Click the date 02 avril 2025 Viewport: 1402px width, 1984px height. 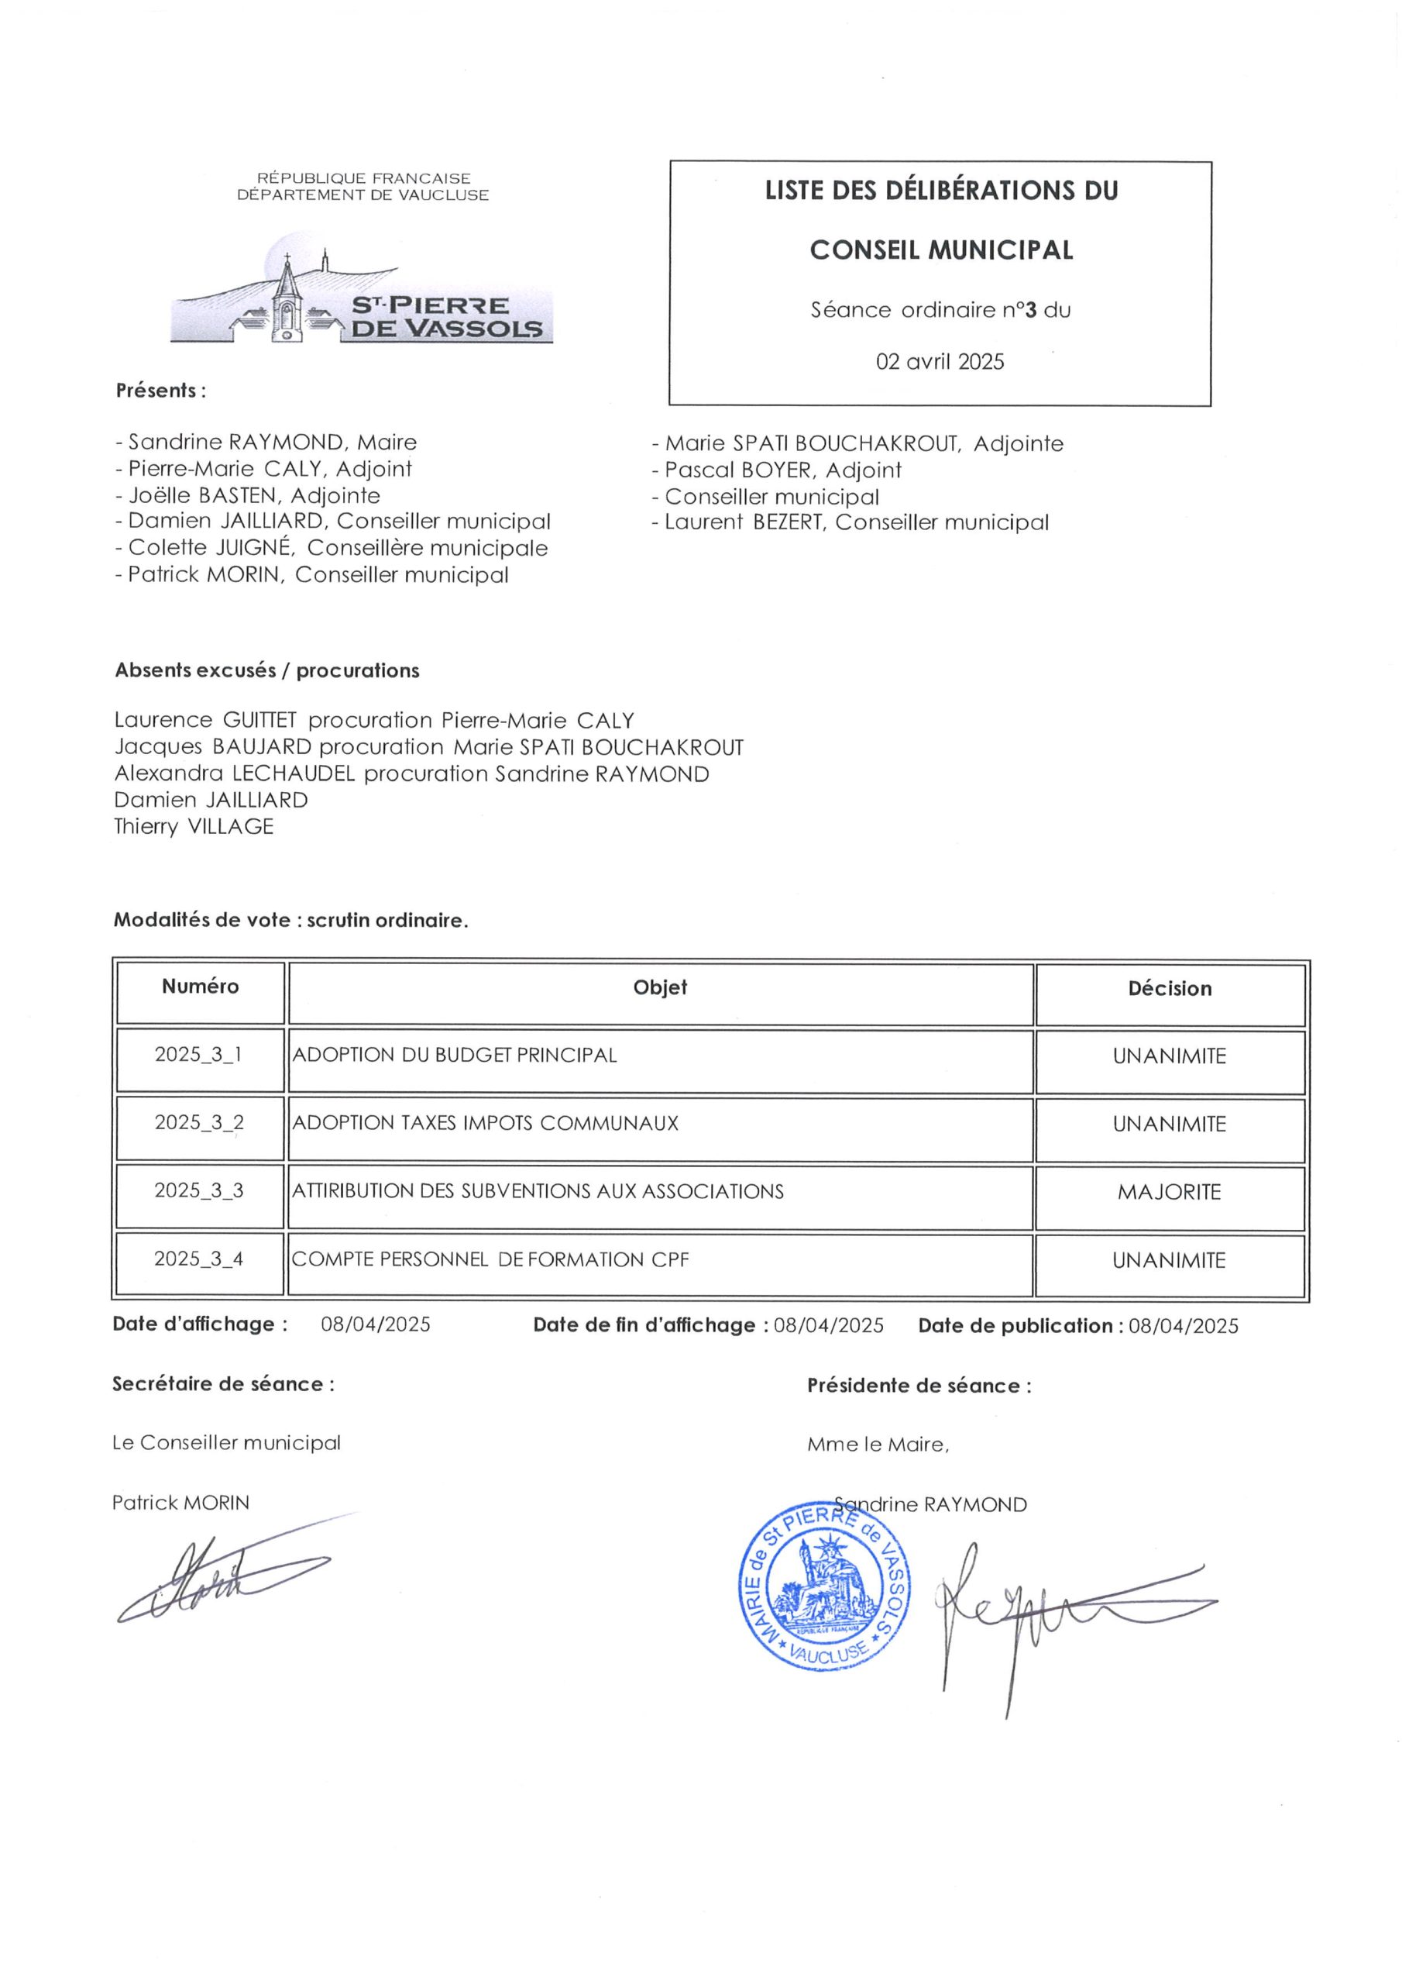tap(940, 361)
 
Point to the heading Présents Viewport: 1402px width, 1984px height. tap(160, 391)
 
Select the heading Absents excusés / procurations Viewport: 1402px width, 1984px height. tap(267, 670)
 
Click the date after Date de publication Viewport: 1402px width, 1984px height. tap(1183, 1325)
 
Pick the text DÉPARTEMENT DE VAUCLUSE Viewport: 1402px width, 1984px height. tap(363, 195)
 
